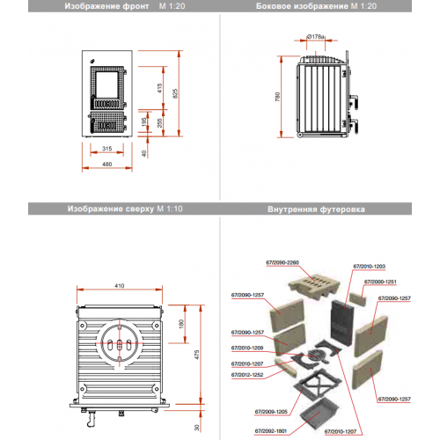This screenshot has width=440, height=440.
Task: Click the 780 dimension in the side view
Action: click(x=279, y=97)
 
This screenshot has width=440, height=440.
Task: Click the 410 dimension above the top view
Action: click(x=118, y=286)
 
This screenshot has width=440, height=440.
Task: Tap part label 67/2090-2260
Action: click(x=281, y=262)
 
